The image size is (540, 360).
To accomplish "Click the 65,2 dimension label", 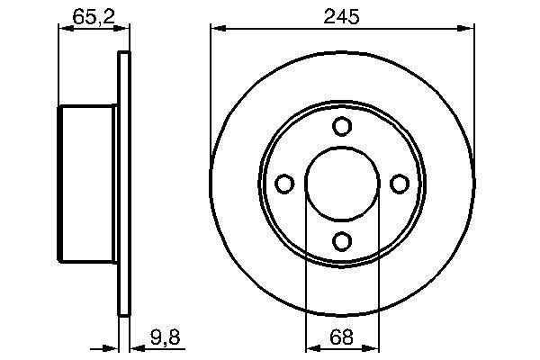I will coord(90,15).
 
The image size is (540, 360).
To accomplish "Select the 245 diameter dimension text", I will coord(342,15).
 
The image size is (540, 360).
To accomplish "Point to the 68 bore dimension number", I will coord(341,338).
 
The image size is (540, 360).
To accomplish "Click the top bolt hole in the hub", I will coord(341,127).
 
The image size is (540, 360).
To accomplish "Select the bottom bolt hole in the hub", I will coord(341,240).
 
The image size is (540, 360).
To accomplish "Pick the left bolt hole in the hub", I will coord(284,184).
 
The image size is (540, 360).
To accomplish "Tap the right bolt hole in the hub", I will coord(399,184).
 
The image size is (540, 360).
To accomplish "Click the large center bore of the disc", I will coord(341,184).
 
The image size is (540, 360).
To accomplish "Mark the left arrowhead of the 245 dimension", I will coord(217,30).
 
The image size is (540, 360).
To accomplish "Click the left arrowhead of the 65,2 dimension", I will coord(64,30).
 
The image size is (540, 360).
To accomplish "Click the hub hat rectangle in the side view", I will coord(88,184).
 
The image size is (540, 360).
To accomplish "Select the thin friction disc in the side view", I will coord(124,184).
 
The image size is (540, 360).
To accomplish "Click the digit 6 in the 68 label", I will coord(335,338).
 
